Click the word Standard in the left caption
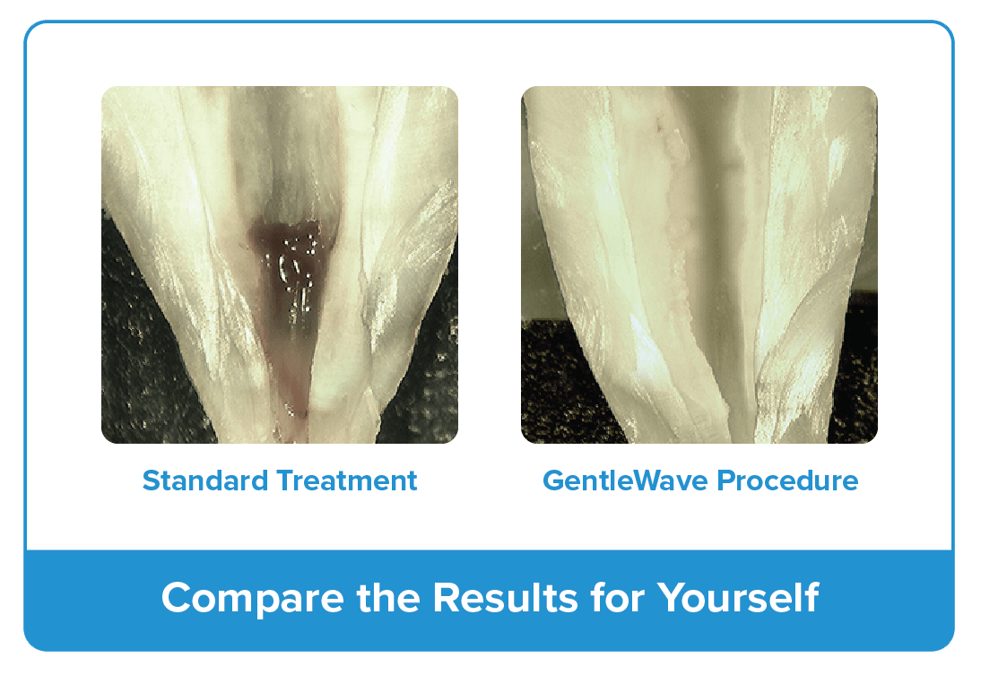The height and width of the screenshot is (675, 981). tap(205, 480)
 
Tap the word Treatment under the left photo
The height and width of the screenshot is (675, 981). tap(347, 480)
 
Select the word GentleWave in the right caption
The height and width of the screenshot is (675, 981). tap(625, 480)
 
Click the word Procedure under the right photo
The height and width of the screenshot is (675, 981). tap(787, 480)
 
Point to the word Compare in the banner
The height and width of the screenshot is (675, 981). tap(253, 599)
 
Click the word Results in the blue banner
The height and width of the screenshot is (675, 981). tap(505, 597)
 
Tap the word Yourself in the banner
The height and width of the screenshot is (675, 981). tap(738, 597)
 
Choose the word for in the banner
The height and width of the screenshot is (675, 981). tap(618, 597)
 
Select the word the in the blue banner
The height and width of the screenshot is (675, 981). tap(388, 597)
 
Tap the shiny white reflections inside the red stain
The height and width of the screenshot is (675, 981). tap(294, 269)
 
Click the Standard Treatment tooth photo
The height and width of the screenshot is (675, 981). tap(280, 264)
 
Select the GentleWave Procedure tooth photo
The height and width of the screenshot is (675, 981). tap(699, 264)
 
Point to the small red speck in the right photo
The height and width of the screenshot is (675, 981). tap(657, 127)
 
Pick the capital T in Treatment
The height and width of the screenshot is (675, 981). tap(287, 480)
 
